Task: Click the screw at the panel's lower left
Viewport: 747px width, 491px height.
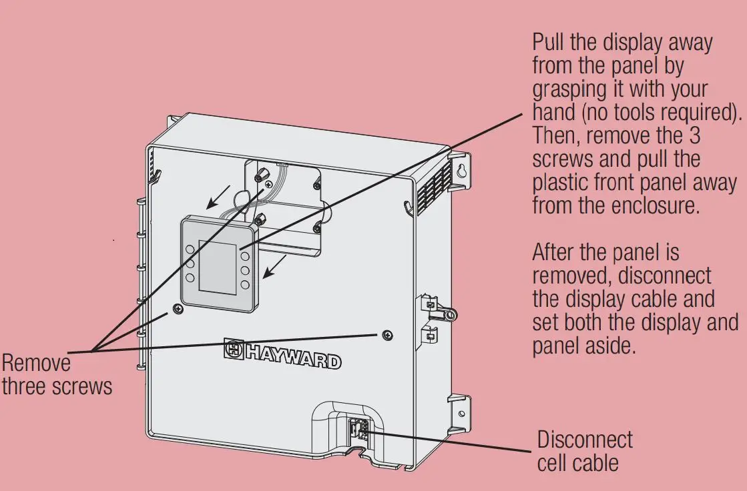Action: pyautogui.click(x=177, y=308)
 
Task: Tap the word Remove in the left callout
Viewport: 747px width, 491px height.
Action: pyautogui.click(x=36, y=364)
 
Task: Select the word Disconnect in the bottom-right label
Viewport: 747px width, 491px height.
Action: pyautogui.click(x=585, y=440)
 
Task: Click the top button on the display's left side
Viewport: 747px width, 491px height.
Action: pyautogui.click(x=190, y=249)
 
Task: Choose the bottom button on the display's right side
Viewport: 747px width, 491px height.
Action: pyautogui.click(x=245, y=285)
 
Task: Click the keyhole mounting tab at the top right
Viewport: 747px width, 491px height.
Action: pyautogui.click(x=460, y=171)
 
